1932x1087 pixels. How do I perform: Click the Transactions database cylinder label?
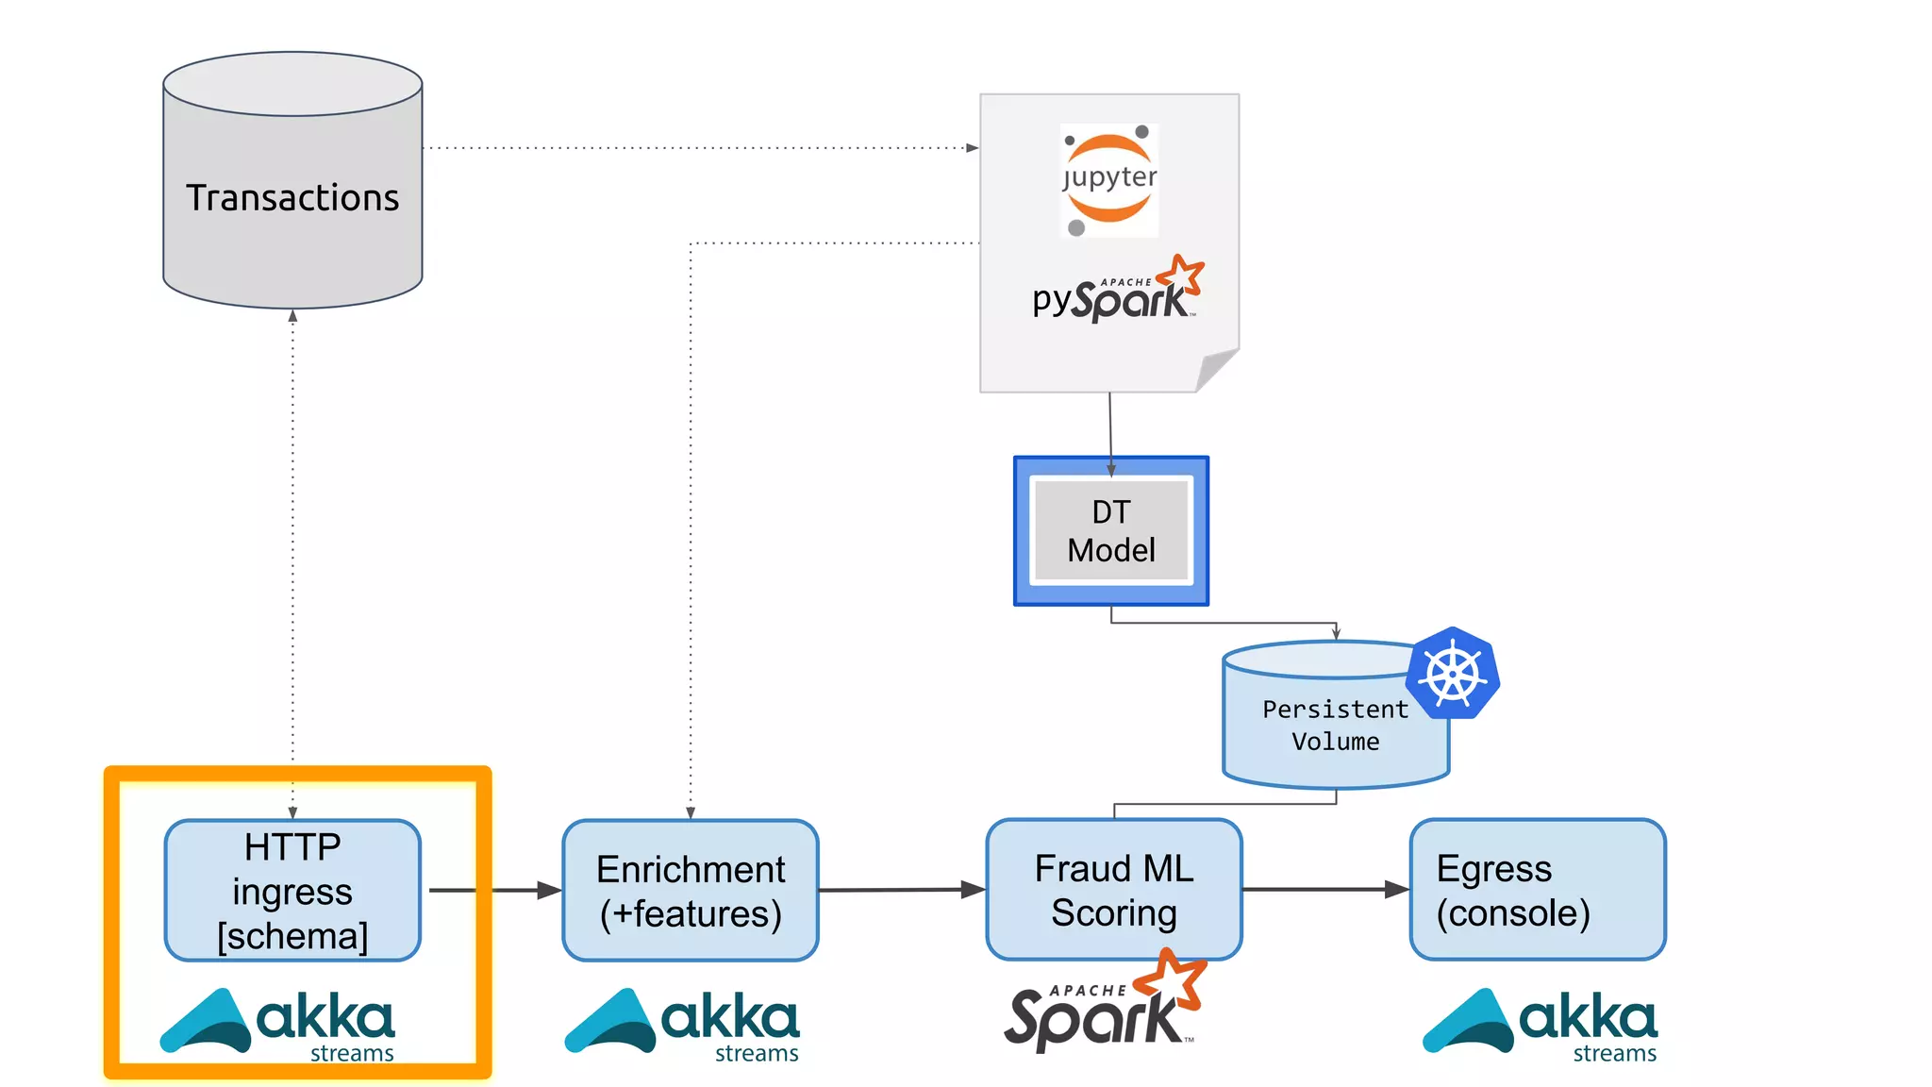pyautogui.click(x=292, y=198)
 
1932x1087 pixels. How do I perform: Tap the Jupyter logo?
pyautogui.click(x=1109, y=180)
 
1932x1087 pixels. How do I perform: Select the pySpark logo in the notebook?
pyautogui.click(x=1117, y=292)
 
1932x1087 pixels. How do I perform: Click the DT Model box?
pyautogui.click(x=1111, y=531)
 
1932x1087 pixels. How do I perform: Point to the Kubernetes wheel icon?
pyautogui.click(x=1453, y=674)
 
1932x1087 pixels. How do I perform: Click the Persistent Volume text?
pyautogui.click(x=1335, y=725)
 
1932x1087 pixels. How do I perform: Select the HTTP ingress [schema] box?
pyautogui.click(x=292, y=890)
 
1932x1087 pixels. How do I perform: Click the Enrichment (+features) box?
pyautogui.click(x=691, y=890)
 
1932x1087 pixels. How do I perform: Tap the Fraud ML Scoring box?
pyautogui.click(x=1114, y=889)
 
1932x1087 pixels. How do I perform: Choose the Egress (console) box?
pyautogui.click(x=1538, y=889)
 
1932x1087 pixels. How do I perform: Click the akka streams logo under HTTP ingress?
pyautogui.click(x=278, y=1024)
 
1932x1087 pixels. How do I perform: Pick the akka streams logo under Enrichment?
pyautogui.click(x=683, y=1024)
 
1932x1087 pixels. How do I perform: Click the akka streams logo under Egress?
pyautogui.click(x=1541, y=1024)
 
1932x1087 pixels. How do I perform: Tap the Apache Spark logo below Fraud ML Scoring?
pyautogui.click(x=1104, y=1008)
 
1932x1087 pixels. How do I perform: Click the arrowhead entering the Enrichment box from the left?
pyautogui.click(x=550, y=890)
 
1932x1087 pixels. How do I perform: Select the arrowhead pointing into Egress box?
pyautogui.click(x=1397, y=889)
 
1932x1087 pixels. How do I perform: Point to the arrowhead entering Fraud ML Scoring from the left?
pyautogui.click(x=974, y=889)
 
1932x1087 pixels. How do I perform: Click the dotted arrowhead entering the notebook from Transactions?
pyautogui.click(x=973, y=148)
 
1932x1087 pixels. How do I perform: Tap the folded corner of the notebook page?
pyautogui.click(x=1216, y=369)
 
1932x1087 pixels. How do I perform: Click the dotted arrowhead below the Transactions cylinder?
pyautogui.click(x=292, y=316)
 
